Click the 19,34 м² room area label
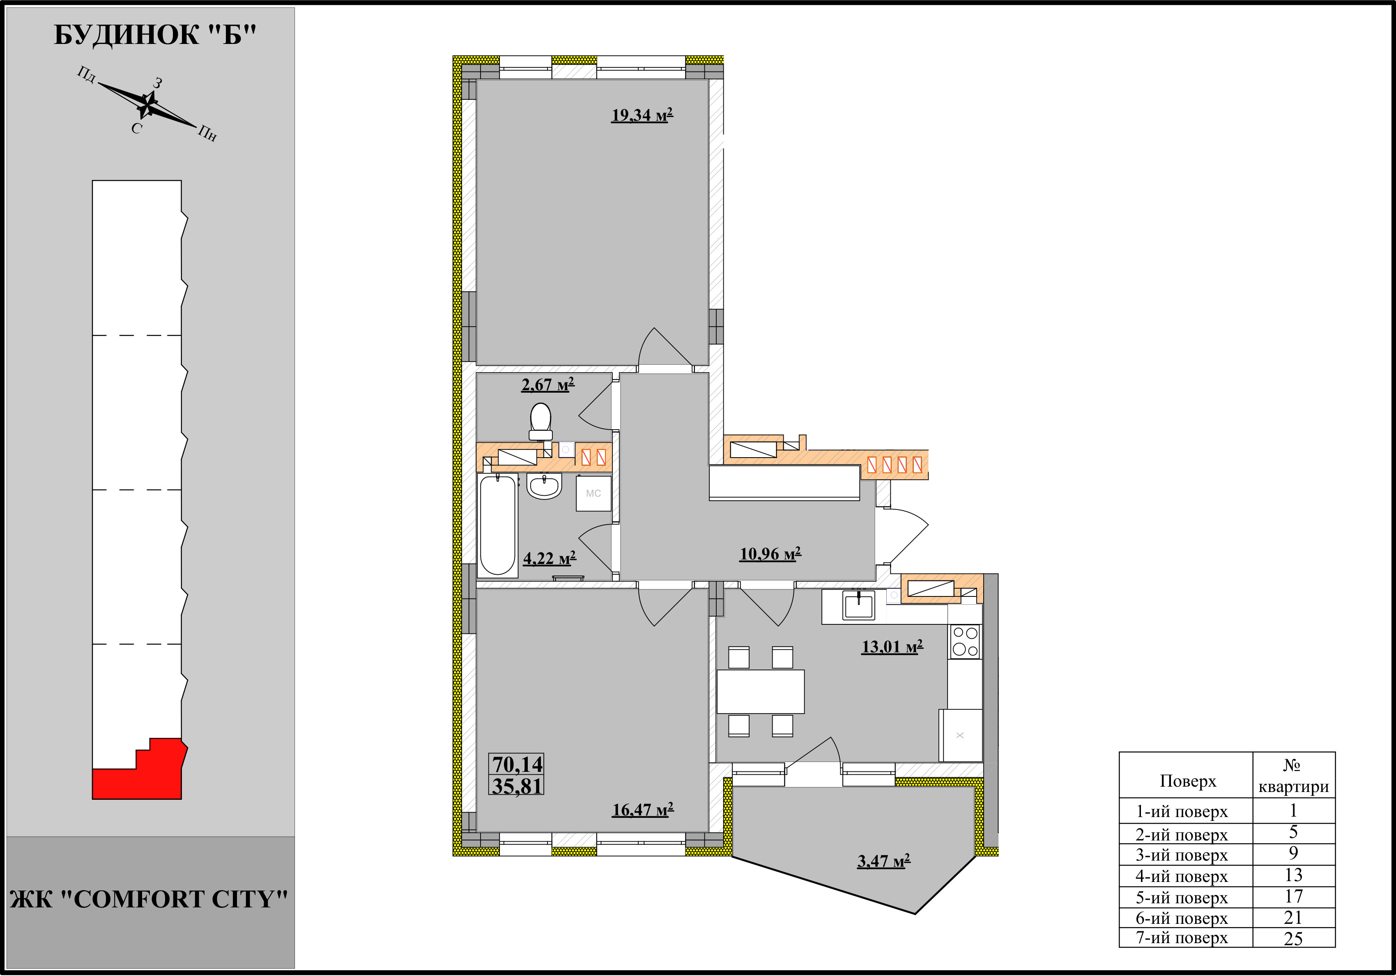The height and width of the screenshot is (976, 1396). [642, 115]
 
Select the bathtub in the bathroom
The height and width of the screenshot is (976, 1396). [498, 525]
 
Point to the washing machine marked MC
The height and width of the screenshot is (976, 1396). [593, 493]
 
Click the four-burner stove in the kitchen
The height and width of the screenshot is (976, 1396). [965, 642]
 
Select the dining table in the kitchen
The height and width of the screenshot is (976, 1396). [761, 691]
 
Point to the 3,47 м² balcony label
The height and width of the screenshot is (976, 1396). [883, 861]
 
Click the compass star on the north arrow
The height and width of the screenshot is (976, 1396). [147, 105]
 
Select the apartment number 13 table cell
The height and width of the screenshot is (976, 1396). [1293, 875]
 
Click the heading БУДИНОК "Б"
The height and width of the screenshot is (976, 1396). [155, 35]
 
